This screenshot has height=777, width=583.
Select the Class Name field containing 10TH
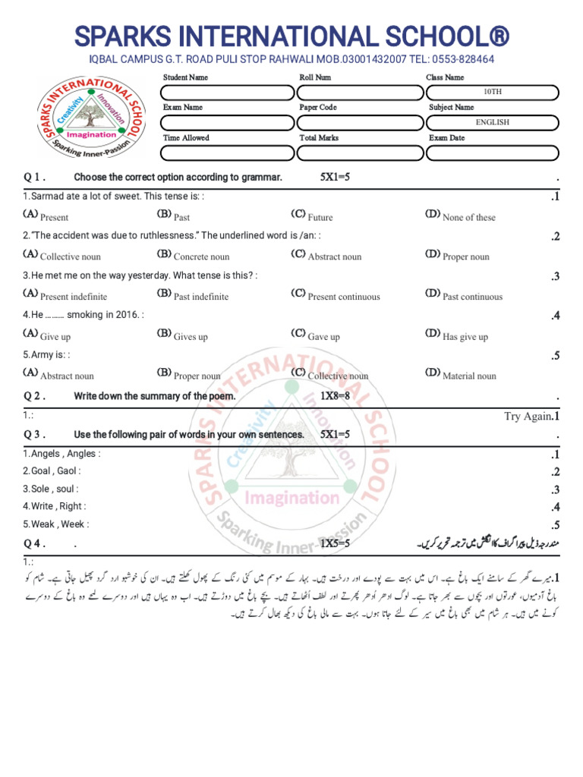[x=492, y=93]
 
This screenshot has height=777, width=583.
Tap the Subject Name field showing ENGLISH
[x=492, y=122]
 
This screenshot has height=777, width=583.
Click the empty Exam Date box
[x=492, y=153]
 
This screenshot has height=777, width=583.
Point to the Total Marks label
[x=319, y=138]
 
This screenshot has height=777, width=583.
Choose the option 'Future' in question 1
[x=320, y=217]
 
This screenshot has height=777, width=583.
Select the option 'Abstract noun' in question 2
[x=334, y=256]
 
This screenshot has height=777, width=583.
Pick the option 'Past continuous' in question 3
[x=471, y=297]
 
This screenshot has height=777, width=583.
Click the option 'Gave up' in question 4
[x=323, y=337]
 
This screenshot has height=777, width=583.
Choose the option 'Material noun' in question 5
[x=468, y=376]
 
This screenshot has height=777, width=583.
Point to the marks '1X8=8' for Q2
[x=335, y=396]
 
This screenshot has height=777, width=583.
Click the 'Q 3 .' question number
[x=35, y=435]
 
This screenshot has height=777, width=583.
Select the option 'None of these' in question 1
[x=468, y=217]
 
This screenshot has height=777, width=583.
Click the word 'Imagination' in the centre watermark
[x=291, y=498]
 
